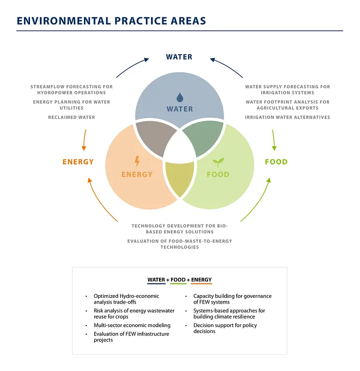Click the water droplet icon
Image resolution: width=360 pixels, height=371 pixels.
(x=180, y=97)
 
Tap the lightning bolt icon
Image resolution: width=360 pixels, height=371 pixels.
(x=137, y=161)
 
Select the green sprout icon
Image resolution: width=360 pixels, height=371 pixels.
(x=218, y=163)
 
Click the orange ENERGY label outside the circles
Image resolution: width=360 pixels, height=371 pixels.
(x=78, y=162)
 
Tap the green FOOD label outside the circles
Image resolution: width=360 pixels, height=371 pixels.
(x=276, y=162)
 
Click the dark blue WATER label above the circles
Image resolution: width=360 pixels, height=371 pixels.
(x=179, y=57)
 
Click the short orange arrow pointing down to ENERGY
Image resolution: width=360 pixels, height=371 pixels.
(x=84, y=140)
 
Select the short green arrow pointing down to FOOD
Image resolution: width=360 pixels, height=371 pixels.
(x=274, y=140)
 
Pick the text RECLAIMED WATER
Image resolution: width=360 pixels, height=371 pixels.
(x=72, y=118)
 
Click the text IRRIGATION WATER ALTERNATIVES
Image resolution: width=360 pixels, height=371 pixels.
(x=287, y=118)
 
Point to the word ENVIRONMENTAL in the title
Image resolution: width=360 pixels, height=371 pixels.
(x=64, y=21)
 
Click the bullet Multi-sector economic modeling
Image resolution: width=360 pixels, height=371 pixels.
(x=132, y=326)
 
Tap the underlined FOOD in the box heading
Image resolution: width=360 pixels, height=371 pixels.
(x=178, y=280)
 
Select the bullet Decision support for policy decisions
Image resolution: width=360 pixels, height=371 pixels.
(x=225, y=328)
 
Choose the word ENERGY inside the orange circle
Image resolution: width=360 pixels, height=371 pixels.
(x=137, y=174)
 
